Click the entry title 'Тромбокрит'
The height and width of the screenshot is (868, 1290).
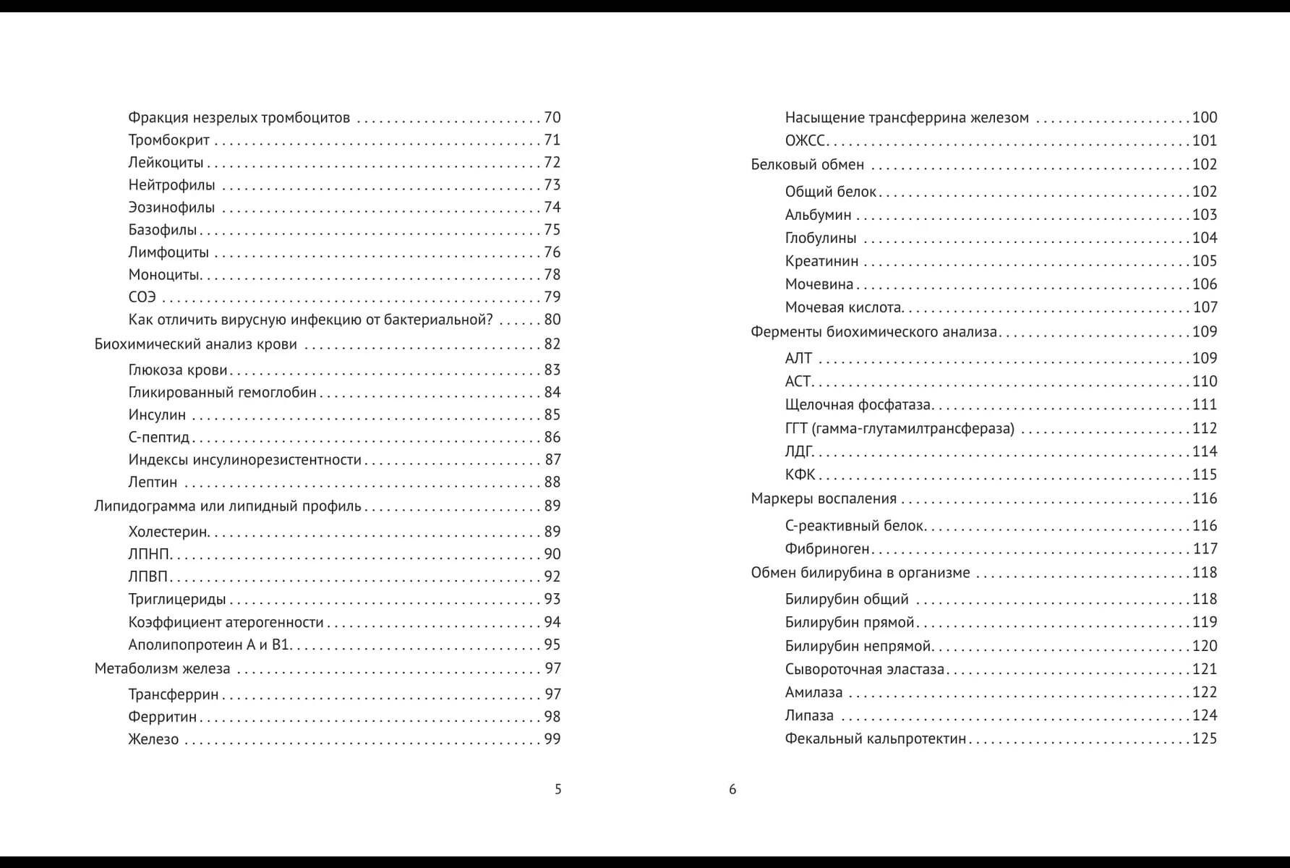(x=168, y=140)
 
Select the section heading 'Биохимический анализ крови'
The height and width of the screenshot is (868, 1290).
(x=195, y=344)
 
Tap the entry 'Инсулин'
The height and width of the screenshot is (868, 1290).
(x=157, y=415)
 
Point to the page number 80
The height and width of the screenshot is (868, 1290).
(x=552, y=320)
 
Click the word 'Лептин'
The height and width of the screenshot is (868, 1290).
(x=153, y=482)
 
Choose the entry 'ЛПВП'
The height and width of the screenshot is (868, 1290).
(x=148, y=577)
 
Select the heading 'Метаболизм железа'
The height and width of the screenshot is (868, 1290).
(x=162, y=669)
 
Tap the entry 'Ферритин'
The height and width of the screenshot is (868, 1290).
(x=162, y=717)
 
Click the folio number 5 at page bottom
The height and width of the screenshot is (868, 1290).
(x=558, y=789)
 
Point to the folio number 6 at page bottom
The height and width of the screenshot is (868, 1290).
(x=732, y=789)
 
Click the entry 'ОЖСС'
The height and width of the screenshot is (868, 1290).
(x=805, y=141)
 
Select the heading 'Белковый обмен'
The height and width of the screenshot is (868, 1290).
(x=807, y=165)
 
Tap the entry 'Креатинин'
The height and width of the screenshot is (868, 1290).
(x=821, y=261)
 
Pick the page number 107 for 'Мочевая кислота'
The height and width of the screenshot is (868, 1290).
(x=1205, y=307)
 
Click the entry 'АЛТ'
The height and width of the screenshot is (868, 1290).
(x=798, y=359)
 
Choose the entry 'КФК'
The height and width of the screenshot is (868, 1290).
(x=800, y=475)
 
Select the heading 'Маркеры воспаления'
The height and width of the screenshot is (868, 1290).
(x=824, y=499)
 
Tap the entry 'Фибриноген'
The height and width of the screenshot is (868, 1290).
(x=827, y=549)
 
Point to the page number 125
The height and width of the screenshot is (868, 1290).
(x=1205, y=739)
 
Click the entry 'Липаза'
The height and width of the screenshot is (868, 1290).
(x=809, y=715)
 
